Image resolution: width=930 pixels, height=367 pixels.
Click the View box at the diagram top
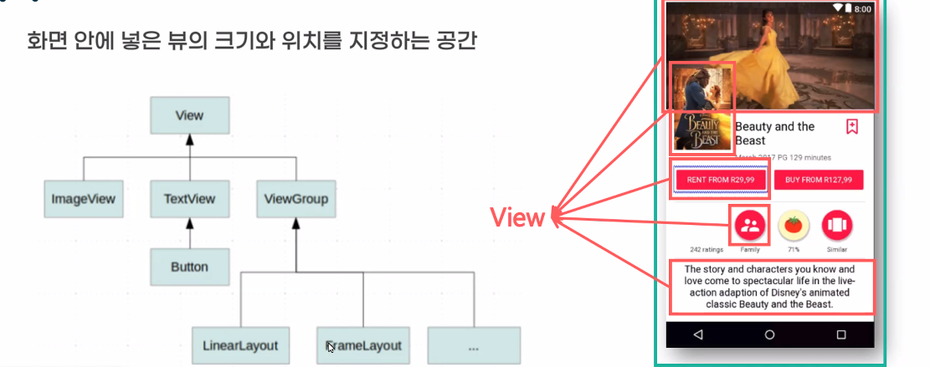click(189, 115)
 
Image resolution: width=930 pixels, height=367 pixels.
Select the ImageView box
click(83, 200)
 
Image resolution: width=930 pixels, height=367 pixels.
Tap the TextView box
click(189, 200)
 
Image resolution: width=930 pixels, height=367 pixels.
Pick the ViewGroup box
click(295, 200)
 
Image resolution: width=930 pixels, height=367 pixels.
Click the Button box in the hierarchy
click(189, 268)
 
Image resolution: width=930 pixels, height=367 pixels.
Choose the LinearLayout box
click(240, 344)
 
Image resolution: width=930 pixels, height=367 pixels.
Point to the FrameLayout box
click(363, 344)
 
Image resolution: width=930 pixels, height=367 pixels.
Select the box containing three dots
click(473, 344)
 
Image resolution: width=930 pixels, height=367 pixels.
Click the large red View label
click(517, 218)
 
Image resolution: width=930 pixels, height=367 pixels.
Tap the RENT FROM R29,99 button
click(720, 180)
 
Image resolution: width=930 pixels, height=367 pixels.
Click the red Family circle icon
click(750, 224)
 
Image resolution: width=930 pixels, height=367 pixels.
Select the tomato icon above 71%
click(793, 224)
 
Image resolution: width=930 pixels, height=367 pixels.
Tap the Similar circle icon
click(836, 224)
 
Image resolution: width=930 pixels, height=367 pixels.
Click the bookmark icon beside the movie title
click(851, 127)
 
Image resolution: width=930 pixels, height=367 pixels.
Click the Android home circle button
click(769, 334)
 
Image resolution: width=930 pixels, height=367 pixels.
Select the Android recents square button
click(840, 334)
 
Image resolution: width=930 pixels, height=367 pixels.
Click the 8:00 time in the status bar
click(862, 8)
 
